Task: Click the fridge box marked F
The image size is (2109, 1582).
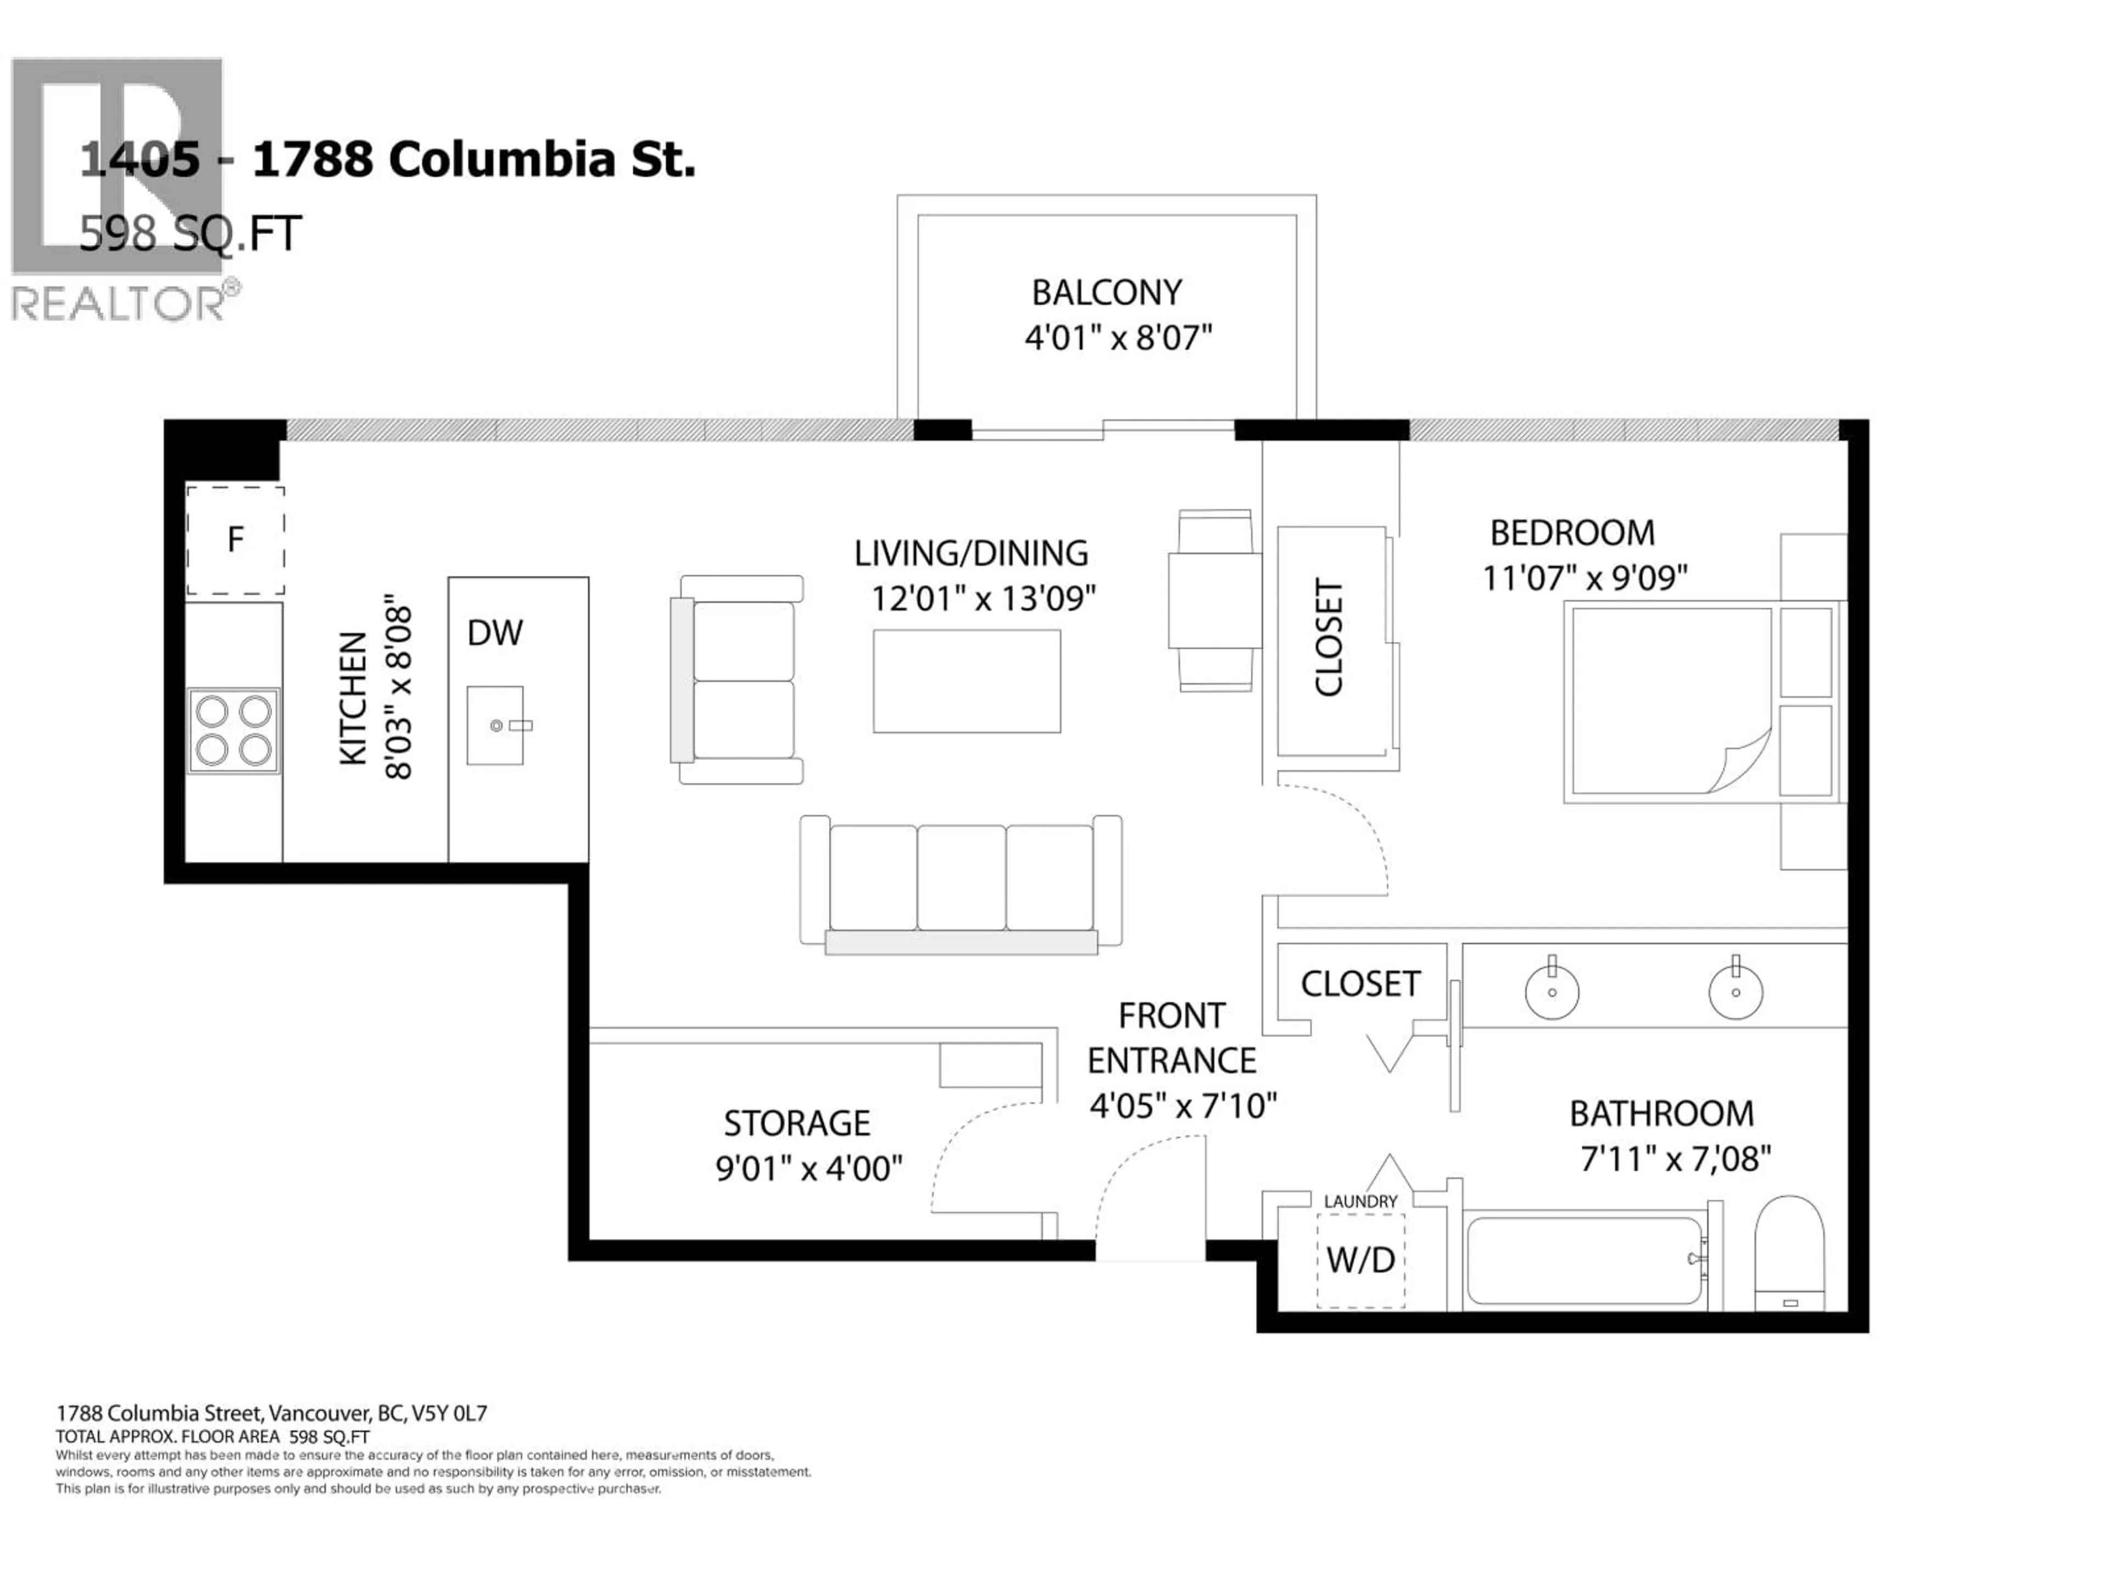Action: pyautogui.click(x=235, y=540)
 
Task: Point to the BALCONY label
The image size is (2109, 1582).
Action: pyautogui.click(x=1106, y=292)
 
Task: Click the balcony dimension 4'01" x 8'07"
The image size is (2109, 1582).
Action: pyautogui.click(x=1118, y=338)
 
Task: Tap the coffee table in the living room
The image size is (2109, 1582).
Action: pyautogui.click(x=967, y=681)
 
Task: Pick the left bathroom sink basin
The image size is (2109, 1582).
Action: pyautogui.click(x=1552, y=991)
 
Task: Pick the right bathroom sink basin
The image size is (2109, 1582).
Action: pyautogui.click(x=1735, y=991)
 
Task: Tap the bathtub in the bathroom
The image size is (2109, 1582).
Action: pyautogui.click(x=1584, y=1261)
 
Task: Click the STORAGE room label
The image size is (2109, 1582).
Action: pyautogui.click(x=797, y=1123)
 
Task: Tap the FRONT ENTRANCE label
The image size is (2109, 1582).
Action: pyautogui.click(x=1172, y=1038)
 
